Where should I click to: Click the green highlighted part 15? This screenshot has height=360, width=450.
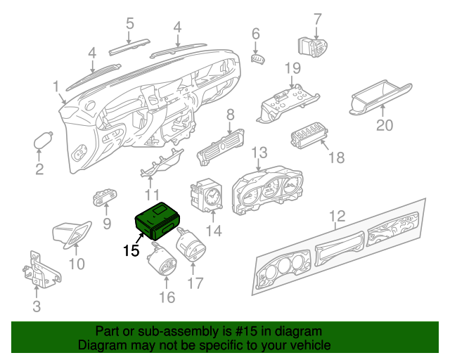coord(157,221)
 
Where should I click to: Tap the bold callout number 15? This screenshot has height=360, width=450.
coord(131,250)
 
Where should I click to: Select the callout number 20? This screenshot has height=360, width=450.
coord(385,125)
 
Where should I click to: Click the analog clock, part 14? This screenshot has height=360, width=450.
coord(206,195)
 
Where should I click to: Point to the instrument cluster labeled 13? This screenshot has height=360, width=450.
coord(267,190)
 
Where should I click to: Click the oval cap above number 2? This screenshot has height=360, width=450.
coord(43,141)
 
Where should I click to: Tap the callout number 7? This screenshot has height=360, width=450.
coord(317,20)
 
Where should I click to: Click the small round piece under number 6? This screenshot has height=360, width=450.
coord(258,59)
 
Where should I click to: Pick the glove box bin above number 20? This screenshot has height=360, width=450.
coord(380,97)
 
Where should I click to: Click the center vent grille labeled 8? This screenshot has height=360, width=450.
coord(220,147)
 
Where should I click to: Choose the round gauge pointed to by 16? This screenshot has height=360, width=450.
coord(162,259)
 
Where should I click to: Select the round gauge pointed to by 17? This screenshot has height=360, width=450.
coord(191,243)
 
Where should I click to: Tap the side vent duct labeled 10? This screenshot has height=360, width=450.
coord(72,234)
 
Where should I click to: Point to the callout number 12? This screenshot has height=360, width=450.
coord(337,216)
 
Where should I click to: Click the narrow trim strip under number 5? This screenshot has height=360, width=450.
coord(129,46)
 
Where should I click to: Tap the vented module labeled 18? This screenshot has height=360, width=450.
coord(309,135)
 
